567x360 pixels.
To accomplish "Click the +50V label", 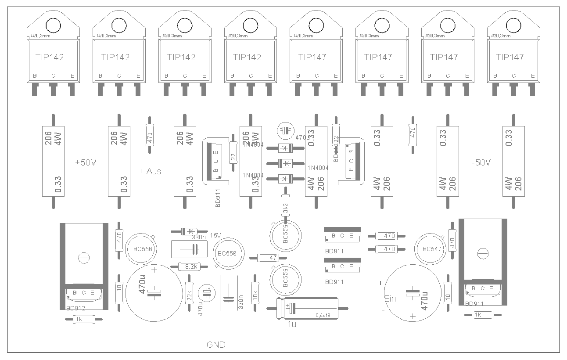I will click(x=86, y=162).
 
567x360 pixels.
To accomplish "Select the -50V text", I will click(x=481, y=162).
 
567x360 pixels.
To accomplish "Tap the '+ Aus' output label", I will click(x=150, y=171).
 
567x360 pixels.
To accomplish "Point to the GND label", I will click(x=216, y=345).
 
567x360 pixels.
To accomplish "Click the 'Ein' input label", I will click(x=390, y=299).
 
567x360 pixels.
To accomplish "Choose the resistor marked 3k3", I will click(x=286, y=209).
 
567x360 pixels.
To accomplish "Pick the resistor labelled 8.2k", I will click(x=190, y=266).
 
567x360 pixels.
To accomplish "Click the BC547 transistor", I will click(x=432, y=249).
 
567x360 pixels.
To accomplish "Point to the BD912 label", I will click(x=76, y=308).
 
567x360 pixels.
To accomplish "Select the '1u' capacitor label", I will click(x=292, y=324).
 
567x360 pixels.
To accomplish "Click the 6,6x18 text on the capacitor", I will click(x=323, y=315).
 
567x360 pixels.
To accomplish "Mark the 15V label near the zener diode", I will click(x=215, y=235).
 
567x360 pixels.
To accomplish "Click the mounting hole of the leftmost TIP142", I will click(x=54, y=25).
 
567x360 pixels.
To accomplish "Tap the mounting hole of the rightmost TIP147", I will click(x=514, y=25).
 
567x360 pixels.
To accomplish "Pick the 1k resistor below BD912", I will click(x=79, y=319).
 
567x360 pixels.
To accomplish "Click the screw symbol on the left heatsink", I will click(x=83, y=258).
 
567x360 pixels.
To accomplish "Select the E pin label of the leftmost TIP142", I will click(x=72, y=76).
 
